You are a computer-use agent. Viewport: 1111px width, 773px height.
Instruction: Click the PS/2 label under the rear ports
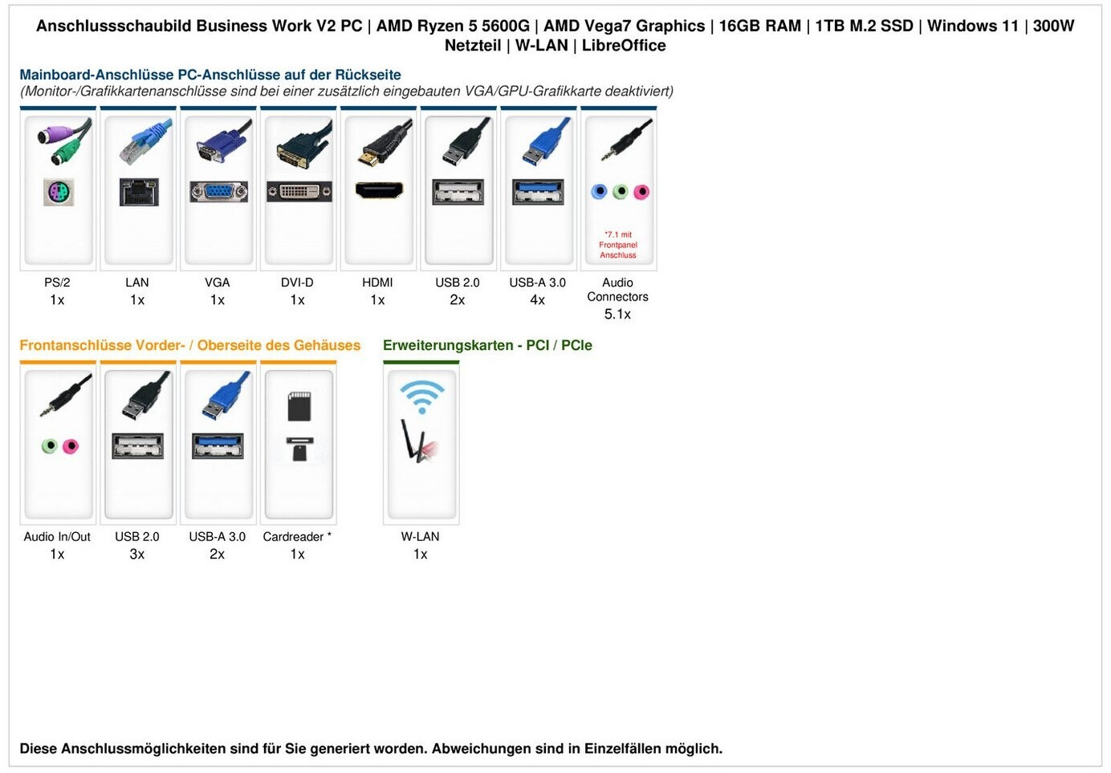click(57, 283)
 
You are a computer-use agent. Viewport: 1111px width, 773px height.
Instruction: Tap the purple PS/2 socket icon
click(58, 193)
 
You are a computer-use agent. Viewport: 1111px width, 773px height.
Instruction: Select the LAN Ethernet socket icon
click(138, 192)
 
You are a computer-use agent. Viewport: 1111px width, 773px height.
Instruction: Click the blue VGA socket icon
click(218, 192)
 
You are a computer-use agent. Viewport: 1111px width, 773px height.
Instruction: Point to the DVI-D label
click(297, 283)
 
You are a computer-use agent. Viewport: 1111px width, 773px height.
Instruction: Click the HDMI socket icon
click(379, 191)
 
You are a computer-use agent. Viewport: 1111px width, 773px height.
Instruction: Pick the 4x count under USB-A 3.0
click(537, 300)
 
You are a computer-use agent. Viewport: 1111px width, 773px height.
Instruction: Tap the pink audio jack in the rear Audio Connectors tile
click(641, 192)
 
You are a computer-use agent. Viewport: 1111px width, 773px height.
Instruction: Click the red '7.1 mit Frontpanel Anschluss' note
click(618, 245)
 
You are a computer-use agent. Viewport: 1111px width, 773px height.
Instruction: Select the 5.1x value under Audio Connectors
click(617, 314)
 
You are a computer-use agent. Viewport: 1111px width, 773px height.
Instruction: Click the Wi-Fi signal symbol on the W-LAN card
click(421, 395)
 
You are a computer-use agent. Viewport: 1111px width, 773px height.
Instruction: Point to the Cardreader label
click(293, 537)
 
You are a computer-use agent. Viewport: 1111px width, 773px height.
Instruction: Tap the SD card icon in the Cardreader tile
click(299, 406)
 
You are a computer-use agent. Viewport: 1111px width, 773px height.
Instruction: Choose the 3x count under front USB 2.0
click(137, 555)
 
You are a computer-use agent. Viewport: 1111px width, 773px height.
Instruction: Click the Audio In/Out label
click(57, 537)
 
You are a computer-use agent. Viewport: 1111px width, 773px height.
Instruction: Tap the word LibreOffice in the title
click(624, 46)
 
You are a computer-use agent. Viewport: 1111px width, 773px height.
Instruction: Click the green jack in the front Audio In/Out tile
click(50, 445)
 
